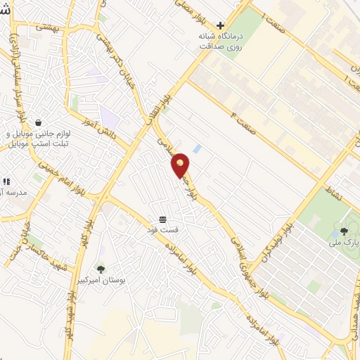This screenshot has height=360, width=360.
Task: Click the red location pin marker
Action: coord(181,165)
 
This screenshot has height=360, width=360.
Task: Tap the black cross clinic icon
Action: coord(220,25)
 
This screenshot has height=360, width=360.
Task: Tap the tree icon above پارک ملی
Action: coord(344,230)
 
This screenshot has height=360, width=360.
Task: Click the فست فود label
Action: coord(162,231)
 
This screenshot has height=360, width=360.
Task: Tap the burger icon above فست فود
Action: coord(162,219)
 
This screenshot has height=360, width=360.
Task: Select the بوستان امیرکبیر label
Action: coord(102,280)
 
